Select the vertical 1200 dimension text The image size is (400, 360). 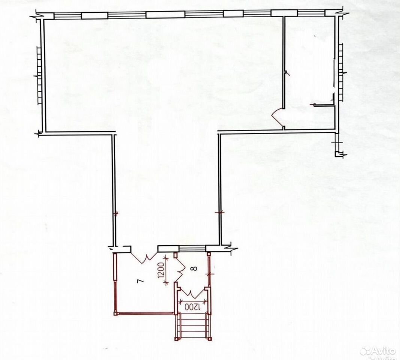[x=161, y=270]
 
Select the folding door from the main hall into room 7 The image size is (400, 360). [x=145, y=257]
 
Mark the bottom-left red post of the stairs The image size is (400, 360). [x=176, y=339]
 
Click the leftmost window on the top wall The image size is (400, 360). [x=67, y=16]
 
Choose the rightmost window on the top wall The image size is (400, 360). [x=311, y=13]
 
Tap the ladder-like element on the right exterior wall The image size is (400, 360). [x=341, y=72]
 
